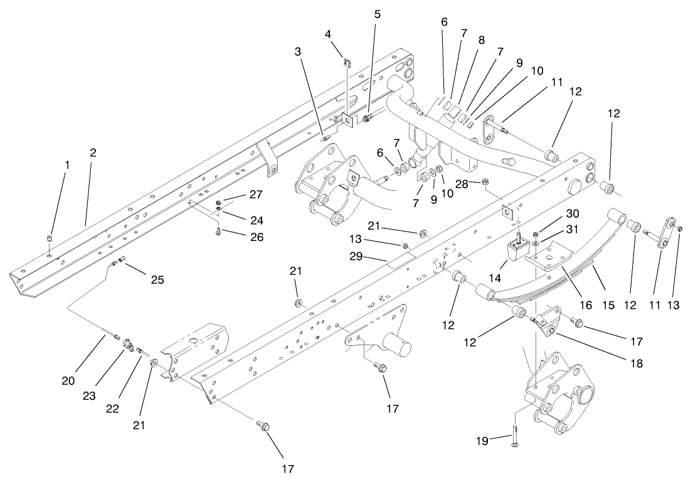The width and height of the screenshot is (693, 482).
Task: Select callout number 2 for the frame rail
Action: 93,153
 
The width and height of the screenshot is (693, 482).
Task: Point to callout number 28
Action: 462,185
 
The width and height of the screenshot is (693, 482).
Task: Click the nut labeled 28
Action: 485,183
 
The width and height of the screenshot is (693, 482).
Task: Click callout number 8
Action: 481,40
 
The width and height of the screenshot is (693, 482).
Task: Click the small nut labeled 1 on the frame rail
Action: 50,239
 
